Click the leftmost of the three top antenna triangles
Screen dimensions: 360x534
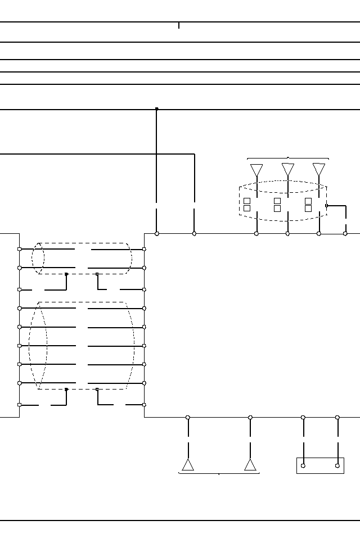[256, 169]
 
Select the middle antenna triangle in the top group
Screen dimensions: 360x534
[288, 169]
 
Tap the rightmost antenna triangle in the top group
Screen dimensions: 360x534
[319, 169]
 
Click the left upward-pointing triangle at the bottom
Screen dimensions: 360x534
[188, 465]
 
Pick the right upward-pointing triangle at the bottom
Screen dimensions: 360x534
[250, 465]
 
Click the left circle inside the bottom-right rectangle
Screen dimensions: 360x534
[303, 465]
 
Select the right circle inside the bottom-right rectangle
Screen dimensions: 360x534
[337, 465]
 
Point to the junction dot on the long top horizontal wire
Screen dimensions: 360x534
[156, 109]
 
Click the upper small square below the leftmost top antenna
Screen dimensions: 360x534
[246, 201]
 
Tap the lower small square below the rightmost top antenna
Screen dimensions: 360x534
[308, 209]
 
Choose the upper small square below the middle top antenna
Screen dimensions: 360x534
[277, 201]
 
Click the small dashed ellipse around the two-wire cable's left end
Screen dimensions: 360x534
[38, 259]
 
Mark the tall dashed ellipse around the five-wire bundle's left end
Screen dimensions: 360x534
[38, 345]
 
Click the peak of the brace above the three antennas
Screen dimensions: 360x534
[288, 157]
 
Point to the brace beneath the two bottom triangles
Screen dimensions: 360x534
[219, 474]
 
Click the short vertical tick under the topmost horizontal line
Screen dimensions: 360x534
[179, 25]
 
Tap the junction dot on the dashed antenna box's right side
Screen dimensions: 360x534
[327, 206]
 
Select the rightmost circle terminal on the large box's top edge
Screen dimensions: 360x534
[345, 233]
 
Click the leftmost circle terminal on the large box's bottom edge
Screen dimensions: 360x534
[188, 418]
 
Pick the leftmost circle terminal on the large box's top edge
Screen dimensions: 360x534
[157, 233]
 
